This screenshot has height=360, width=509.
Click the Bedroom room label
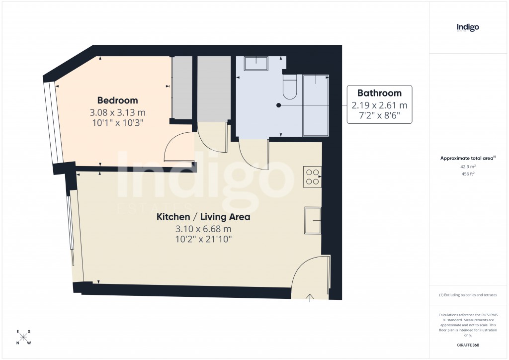coord(118,100)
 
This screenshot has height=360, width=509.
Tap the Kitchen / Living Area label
coord(203,217)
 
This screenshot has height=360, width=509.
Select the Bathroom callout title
coord(379,93)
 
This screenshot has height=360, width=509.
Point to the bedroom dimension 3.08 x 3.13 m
coord(118,112)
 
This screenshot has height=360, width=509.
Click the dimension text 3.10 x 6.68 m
coord(203,229)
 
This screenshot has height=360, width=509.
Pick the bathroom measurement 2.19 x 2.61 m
coord(379,105)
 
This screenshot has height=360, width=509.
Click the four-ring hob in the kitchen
coord(313,177)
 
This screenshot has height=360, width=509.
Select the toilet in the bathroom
coord(289,87)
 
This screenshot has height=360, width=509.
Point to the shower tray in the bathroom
coord(316,105)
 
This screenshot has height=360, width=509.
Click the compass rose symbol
coord(24,337)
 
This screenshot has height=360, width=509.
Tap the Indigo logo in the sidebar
coord(468,28)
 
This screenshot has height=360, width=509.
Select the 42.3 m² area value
coord(468,167)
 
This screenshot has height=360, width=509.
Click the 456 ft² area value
coord(468,174)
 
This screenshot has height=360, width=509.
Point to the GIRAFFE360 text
coord(468,345)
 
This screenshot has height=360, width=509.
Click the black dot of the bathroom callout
coord(278,105)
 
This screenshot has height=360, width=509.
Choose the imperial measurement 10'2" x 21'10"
coord(203,240)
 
